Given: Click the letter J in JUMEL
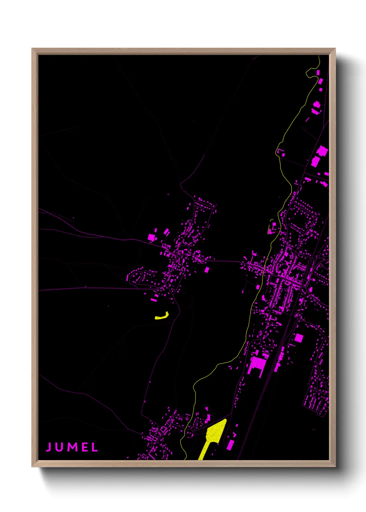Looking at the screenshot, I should [49, 447].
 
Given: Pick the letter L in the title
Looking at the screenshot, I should [94, 447].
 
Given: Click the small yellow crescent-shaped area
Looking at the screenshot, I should [162, 316].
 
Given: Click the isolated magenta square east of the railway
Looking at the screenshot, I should [299, 338].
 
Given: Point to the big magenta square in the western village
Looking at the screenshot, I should [152, 237].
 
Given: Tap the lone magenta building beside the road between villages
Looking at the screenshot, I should [207, 269].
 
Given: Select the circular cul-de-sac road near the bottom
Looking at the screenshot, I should [198, 423].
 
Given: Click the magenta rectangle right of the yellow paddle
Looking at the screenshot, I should [230, 444].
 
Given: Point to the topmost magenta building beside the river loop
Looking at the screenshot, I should [318, 73].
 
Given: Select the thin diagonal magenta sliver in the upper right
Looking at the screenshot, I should [307, 119].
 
